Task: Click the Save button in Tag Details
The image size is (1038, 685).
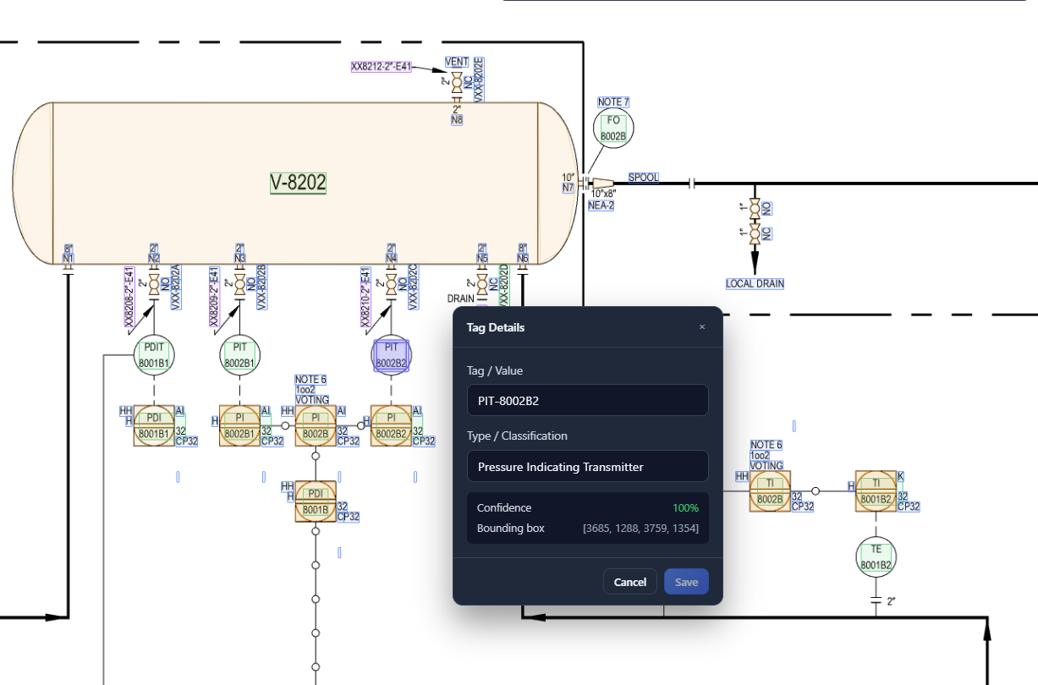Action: tap(686, 582)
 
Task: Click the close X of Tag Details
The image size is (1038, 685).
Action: tap(701, 327)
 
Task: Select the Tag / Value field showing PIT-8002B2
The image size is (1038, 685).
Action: tap(587, 401)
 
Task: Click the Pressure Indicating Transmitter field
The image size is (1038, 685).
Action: tap(587, 467)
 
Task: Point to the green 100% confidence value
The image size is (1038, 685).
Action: tap(685, 508)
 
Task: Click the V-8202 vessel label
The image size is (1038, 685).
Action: tap(298, 183)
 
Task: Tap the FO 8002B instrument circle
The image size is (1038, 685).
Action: tap(613, 128)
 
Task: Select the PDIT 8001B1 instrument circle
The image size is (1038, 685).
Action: tap(154, 355)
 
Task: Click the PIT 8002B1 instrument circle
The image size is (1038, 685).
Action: tap(239, 355)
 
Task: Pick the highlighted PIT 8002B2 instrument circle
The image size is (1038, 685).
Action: tap(391, 355)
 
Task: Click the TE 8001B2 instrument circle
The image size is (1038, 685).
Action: tap(876, 556)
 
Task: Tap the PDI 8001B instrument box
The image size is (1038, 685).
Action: tap(316, 501)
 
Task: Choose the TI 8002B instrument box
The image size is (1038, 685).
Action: tap(770, 491)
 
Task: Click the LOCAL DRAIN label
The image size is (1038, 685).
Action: tap(755, 284)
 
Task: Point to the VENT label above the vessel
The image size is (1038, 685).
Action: tap(457, 63)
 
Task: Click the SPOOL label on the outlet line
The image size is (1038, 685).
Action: tap(643, 178)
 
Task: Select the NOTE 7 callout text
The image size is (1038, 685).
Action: tap(613, 102)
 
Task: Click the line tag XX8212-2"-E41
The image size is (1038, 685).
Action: tap(381, 66)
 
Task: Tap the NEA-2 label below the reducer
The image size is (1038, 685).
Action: tap(601, 205)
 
